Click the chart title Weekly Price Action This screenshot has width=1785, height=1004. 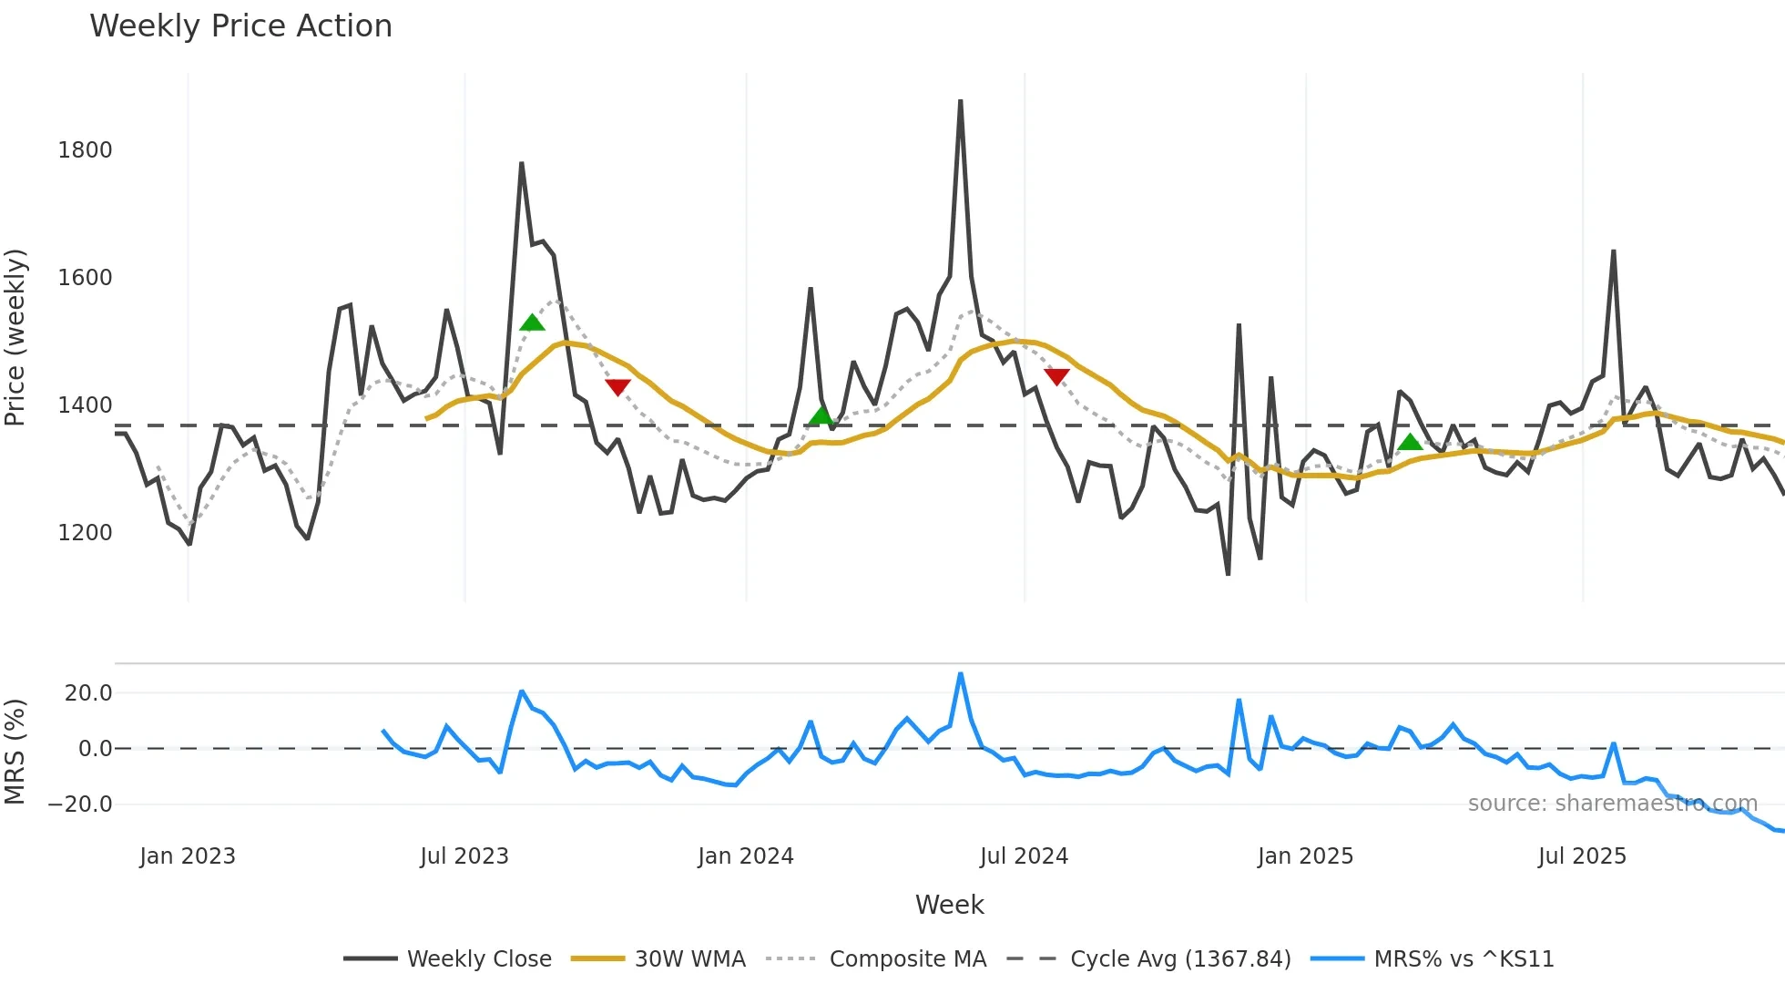[240, 26]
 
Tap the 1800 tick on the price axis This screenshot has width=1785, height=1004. [85, 150]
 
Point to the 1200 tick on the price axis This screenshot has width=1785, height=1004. [85, 533]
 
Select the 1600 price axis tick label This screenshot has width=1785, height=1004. [85, 278]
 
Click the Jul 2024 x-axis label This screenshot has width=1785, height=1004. [1024, 856]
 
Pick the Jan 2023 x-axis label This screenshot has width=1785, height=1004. [188, 856]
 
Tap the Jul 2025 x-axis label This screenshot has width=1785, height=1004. [1582, 856]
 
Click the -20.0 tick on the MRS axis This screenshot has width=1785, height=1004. [80, 804]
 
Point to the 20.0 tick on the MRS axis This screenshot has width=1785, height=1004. [88, 693]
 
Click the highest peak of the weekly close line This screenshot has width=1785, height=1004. [961, 102]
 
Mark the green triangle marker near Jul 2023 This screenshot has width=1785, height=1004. [532, 323]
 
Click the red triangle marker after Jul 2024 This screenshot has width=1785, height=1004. [1056, 376]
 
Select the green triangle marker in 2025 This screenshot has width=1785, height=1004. [1410, 442]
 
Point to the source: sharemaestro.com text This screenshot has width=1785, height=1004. [1612, 804]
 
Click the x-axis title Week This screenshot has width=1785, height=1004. [949, 905]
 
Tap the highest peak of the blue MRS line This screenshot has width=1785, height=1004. [961, 674]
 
